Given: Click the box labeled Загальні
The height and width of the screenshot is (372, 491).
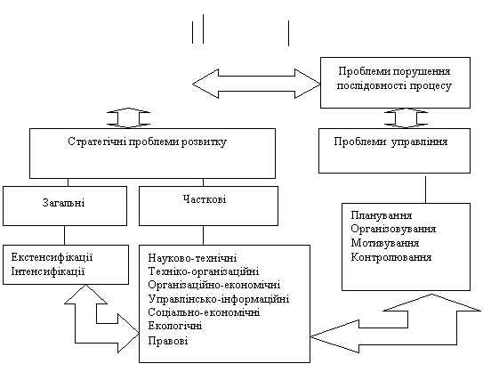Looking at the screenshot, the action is (x=65, y=206).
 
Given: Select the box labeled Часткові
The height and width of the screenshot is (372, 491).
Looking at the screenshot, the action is (x=208, y=206).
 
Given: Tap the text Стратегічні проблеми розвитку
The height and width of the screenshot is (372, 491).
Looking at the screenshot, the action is (x=147, y=142).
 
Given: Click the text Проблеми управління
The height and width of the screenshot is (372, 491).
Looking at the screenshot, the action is (x=390, y=142).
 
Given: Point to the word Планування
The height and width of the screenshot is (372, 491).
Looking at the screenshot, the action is (x=381, y=215).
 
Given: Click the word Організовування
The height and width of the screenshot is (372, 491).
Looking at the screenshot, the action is (x=393, y=229).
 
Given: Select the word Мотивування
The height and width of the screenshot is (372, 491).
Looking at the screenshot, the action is (x=385, y=243).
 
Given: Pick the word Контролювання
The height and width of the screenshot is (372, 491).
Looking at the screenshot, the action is (x=391, y=257).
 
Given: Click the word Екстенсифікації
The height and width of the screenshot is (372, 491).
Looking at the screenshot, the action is (x=52, y=257).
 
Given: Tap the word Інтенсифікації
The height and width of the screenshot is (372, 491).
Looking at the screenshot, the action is (x=48, y=271).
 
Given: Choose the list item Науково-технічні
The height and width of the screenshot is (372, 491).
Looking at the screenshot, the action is (x=192, y=258).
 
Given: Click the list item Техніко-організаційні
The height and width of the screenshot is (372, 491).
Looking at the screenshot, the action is (x=204, y=271).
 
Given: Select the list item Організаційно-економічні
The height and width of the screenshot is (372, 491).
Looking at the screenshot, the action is (x=214, y=285).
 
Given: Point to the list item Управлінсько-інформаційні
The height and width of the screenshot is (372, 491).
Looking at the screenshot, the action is (x=219, y=299).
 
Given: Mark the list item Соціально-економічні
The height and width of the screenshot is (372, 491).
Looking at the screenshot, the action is (x=204, y=312).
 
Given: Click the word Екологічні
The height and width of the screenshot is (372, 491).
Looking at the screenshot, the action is (x=175, y=326).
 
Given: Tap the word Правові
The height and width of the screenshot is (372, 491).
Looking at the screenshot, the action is (x=168, y=340).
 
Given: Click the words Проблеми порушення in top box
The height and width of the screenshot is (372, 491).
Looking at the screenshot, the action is (x=394, y=71).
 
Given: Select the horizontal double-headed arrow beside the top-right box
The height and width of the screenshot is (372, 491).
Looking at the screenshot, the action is (x=256, y=84).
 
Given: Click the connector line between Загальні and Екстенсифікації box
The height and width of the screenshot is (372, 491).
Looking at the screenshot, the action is (x=65, y=235).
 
